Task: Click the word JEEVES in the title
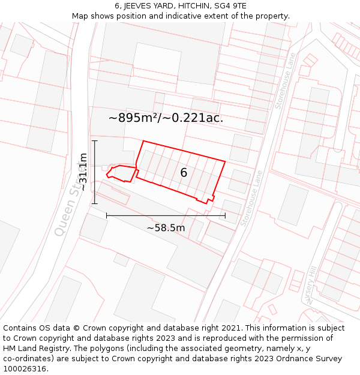click(x=139, y=6)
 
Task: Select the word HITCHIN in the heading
click(x=190, y=6)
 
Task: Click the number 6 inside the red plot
click(x=184, y=173)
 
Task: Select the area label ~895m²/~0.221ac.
click(x=166, y=118)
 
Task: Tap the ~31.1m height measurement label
click(x=83, y=172)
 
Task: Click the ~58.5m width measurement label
click(x=166, y=227)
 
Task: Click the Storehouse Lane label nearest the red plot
click(x=252, y=198)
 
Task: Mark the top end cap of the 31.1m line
click(x=94, y=141)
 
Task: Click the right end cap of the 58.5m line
click(x=225, y=215)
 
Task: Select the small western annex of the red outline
click(x=121, y=173)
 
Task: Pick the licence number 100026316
click(x=25, y=369)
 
